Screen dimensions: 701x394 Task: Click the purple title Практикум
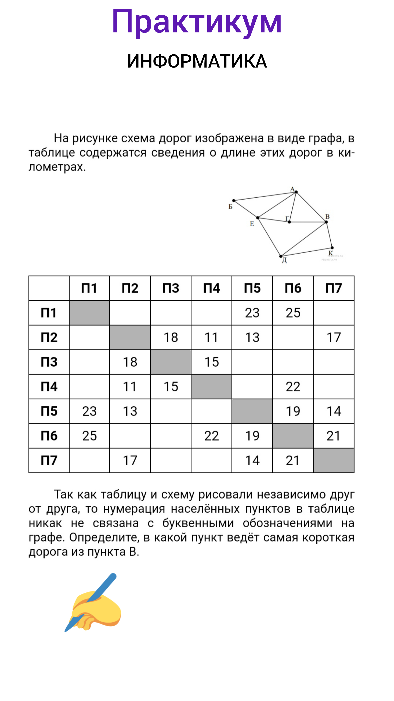coord(197,22)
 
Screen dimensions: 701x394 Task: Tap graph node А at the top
coord(296,192)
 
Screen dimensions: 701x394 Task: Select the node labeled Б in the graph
coord(234,201)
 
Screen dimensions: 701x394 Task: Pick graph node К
coord(332,248)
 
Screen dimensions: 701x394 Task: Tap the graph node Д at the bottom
coord(281,256)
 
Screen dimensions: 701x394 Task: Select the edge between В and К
coord(329,235)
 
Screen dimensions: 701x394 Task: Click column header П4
coord(211,288)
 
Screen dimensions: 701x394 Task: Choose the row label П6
coord(49,436)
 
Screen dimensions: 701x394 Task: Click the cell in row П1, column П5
coord(252,313)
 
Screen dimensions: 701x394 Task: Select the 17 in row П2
coord(334,337)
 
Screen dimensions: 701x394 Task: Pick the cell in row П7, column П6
coord(293,460)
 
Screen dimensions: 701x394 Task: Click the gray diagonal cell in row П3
coord(171,362)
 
